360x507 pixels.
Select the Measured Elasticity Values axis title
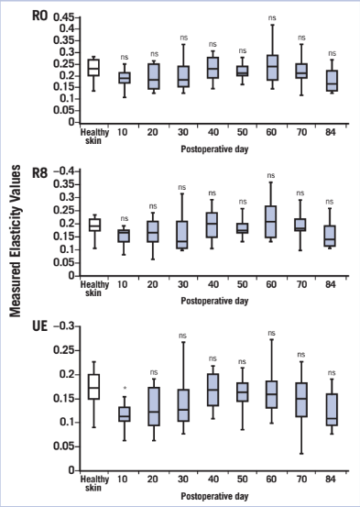[16, 248]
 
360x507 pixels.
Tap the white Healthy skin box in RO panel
[93, 68]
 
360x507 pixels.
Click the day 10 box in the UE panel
[125, 414]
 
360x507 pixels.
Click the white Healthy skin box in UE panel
[93, 386]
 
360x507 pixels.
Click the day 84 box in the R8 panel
[332, 235]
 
